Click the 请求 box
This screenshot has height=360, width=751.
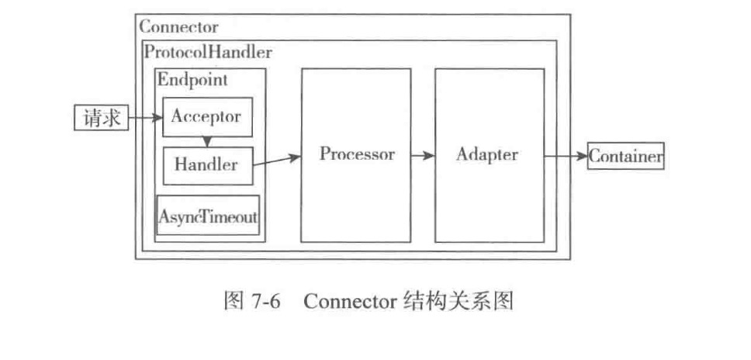tap(101, 118)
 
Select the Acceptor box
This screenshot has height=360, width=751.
tap(206, 117)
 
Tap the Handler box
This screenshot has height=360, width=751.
tap(206, 164)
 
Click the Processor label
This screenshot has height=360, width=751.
tap(357, 154)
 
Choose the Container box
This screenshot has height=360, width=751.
tap(625, 156)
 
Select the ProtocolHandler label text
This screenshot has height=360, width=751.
tap(207, 53)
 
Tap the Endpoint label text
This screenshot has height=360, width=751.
tap(192, 79)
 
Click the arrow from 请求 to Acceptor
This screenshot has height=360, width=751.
tap(145, 118)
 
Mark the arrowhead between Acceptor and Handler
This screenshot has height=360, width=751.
tap(207, 141)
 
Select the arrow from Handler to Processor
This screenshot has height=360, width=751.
tap(277, 161)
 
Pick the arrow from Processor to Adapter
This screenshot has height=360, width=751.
tap(423, 155)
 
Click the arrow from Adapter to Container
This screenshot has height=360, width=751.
tap(565, 156)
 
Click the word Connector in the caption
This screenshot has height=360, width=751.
tap(350, 303)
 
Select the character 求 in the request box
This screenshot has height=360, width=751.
tap(111, 118)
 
